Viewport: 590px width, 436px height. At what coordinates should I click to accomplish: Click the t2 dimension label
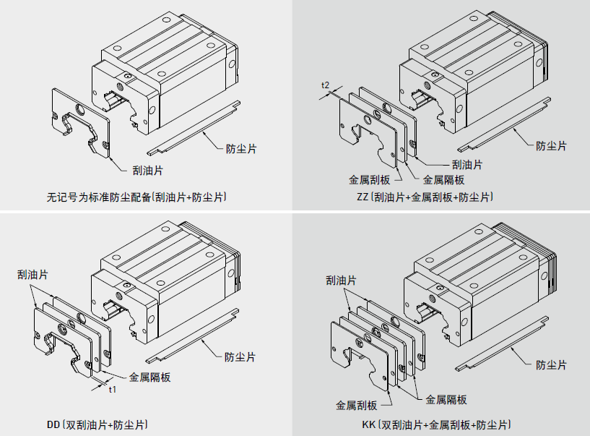326,86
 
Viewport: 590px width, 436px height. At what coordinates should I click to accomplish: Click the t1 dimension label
112,390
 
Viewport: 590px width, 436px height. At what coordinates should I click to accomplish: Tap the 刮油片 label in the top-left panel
147,170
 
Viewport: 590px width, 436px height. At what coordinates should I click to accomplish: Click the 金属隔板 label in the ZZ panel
443,180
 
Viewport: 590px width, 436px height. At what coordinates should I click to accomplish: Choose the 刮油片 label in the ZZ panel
467,164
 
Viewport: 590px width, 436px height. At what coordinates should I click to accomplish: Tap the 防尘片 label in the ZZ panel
551,145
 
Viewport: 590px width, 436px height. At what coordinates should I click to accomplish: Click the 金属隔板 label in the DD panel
150,377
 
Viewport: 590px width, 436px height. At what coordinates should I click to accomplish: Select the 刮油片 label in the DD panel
33,274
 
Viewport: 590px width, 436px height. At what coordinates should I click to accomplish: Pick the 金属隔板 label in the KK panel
446,399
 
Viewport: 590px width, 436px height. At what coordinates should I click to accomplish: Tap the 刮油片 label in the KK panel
341,280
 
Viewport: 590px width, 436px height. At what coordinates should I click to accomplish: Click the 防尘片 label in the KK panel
550,364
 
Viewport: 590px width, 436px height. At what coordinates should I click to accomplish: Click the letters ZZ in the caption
362,197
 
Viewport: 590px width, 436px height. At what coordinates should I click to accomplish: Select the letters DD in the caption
53,424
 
